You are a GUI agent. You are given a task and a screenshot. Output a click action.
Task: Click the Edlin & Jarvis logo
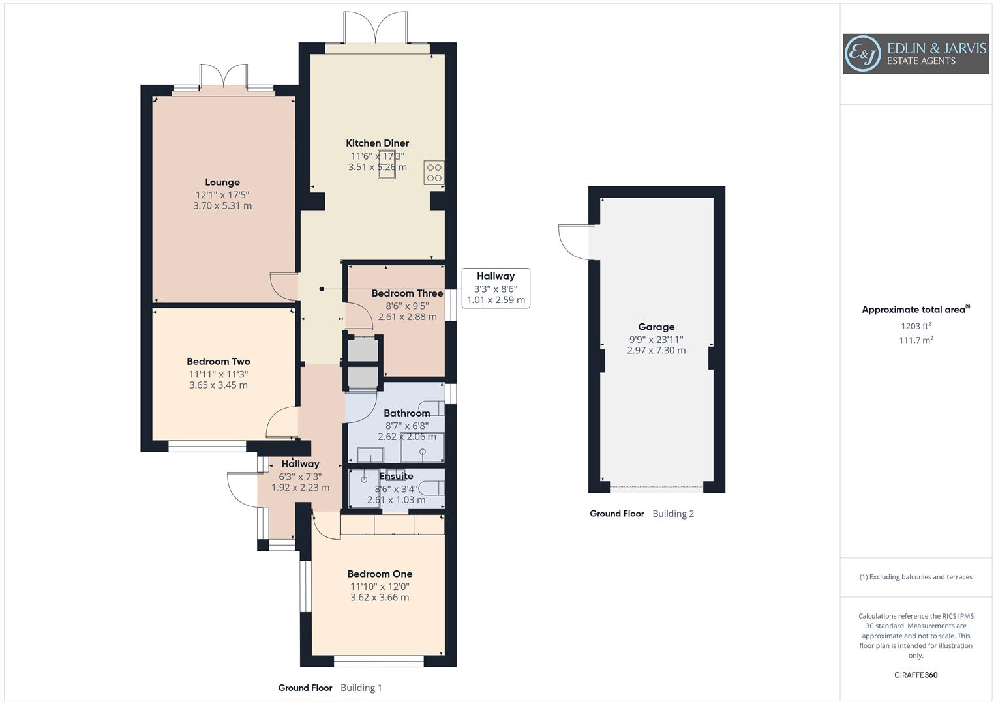pos(915,53)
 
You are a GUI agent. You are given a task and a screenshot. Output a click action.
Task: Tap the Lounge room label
pos(222,183)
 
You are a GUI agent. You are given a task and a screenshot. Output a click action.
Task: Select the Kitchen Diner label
pos(377,143)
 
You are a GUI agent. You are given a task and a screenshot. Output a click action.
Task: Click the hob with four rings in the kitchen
pos(434,173)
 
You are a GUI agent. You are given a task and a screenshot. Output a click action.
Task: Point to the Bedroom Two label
pos(219,361)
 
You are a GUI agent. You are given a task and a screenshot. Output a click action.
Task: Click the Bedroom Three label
pos(407,293)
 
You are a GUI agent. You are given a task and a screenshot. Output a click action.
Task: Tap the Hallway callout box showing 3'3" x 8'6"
pos(495,288)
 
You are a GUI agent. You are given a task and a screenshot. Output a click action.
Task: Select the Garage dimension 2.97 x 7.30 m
pos(656,351)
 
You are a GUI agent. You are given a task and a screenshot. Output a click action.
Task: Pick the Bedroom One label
pos(380,574)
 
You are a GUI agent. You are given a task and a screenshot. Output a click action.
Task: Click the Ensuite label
pos(396,476)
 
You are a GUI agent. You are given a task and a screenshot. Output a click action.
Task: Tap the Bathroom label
pos(406,413)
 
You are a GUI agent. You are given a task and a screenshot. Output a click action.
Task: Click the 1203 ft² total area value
pos(916,326)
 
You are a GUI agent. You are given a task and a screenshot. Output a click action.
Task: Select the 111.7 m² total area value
pos(916,340)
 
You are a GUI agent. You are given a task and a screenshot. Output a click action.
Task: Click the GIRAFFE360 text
pos(916,675)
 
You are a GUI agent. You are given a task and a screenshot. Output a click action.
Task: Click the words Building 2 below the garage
pos(673,514)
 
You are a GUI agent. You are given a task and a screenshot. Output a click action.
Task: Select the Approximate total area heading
pos(915,310)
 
